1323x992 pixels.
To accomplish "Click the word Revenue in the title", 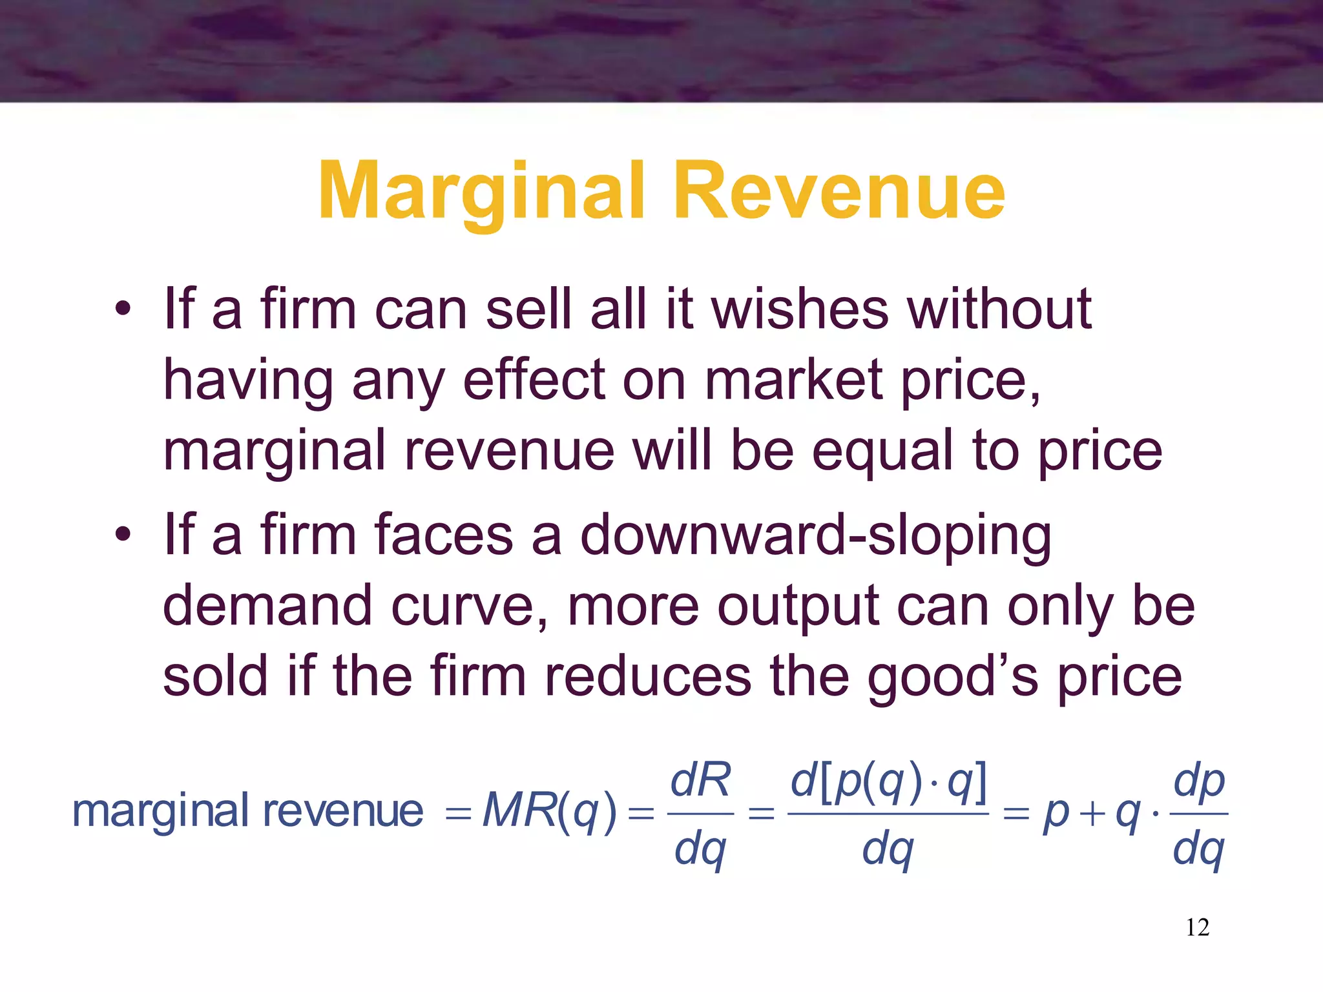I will pyautogui.click(x=839, y=192).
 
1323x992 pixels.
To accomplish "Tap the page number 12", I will pyautogui.click(x=1197, y=927).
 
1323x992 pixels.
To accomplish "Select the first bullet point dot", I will pyautogui.click(x=123, y=309).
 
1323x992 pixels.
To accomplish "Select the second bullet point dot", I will pyautogui.click(x=123, y=535).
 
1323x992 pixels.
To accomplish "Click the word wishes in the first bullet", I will pyautogui.click(x=800, y=309).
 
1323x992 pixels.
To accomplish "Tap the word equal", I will pyautogui.click(x=882, y=452).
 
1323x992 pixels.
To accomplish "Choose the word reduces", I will pyautogui.click(x=648, y=676).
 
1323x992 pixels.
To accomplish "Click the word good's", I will pyautogui.click(x=952, y=677).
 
